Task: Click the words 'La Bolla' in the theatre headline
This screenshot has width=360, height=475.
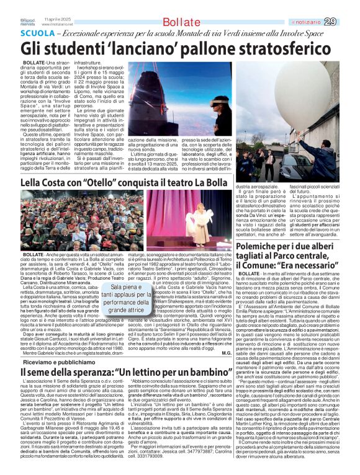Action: pos(209,184)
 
